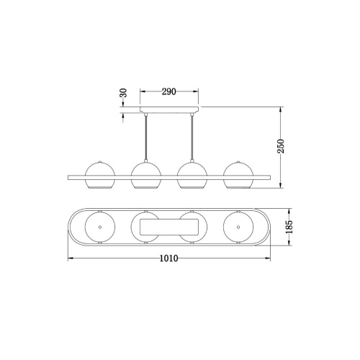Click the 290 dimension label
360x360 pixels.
click(x=168, y=92)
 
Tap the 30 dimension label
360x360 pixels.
click(x=122, y=94)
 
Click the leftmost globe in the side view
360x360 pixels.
click(x=98, y=176)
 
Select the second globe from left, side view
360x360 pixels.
click(x=145, y=176)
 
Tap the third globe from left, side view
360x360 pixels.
click(x=192, y=176)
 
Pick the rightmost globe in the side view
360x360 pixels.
click(x=238, y=176)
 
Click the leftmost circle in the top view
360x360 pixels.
click(x=98, y=228)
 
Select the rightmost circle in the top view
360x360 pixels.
click(x=238, y=228)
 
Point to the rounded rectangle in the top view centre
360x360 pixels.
click(x=168, y=228)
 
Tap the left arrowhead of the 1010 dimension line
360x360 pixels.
click(x=69, y=258)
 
